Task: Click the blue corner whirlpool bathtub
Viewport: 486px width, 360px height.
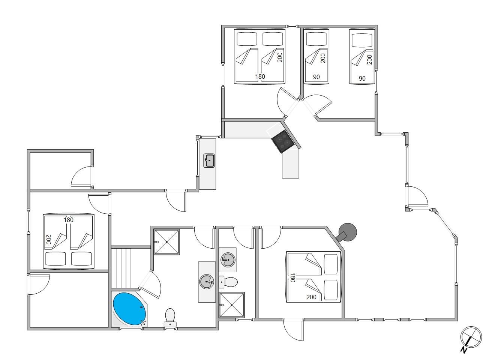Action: tap(129, 309)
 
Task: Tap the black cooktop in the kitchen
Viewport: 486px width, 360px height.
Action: tap(283, 141)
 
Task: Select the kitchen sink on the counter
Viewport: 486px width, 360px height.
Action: tap(209, 160)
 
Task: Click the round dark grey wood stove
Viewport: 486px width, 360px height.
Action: tap(347, 232)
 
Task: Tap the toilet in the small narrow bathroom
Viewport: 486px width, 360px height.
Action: tap(228, 282)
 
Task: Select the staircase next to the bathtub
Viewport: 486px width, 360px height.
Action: tap(121, 268)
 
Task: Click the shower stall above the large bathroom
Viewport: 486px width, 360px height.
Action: tap(167, 242)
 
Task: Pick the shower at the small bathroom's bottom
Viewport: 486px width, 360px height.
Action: tap(232, 305)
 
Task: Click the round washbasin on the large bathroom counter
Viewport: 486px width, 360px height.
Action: tap(207, 282)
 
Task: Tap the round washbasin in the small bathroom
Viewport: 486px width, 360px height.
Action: tap(228, 260)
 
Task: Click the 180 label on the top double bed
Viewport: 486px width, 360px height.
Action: tap(260, 76)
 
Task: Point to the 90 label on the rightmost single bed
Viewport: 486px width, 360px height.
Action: tap(362, 78)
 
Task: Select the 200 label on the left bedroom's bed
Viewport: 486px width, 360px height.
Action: tap(48, 240)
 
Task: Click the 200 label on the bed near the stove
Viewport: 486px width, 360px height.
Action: tap(311, 297)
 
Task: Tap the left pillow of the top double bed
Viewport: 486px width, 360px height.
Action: tap(247, 39)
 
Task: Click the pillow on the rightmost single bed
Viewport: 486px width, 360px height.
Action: tap(362, 40)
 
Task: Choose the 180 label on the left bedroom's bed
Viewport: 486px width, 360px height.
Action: tap(68, 220)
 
